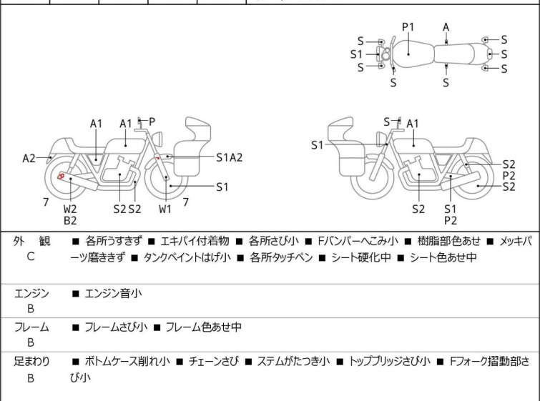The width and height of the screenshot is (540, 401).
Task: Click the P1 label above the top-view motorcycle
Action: [x=408, y=26]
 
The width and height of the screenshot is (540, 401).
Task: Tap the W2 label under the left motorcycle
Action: [x=70, y=209]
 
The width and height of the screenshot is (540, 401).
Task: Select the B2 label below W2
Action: [x=70, y=221]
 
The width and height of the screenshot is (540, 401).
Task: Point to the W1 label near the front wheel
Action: [x=165, y=209]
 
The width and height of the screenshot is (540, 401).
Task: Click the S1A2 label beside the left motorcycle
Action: [x=229, y=157]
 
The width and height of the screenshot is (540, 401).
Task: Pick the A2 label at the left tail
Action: [x=29, y=158]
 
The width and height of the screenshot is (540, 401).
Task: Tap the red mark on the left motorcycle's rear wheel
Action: [x=62, y=176]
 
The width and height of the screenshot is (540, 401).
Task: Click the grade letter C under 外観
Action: [x=31, y=256]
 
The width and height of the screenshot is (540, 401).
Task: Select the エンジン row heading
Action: [x=31, y=292]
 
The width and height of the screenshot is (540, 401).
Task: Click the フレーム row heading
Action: [x=31, y=327]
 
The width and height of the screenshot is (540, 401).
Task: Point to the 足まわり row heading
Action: [x=31, y=362]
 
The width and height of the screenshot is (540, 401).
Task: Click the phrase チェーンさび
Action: [x=211, y=362]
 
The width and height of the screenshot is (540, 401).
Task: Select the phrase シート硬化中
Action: [x=360, y=257]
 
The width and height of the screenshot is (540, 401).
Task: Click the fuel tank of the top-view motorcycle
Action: [x=408, y=51]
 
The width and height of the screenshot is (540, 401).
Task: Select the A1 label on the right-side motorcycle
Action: [x=413, y=124]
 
